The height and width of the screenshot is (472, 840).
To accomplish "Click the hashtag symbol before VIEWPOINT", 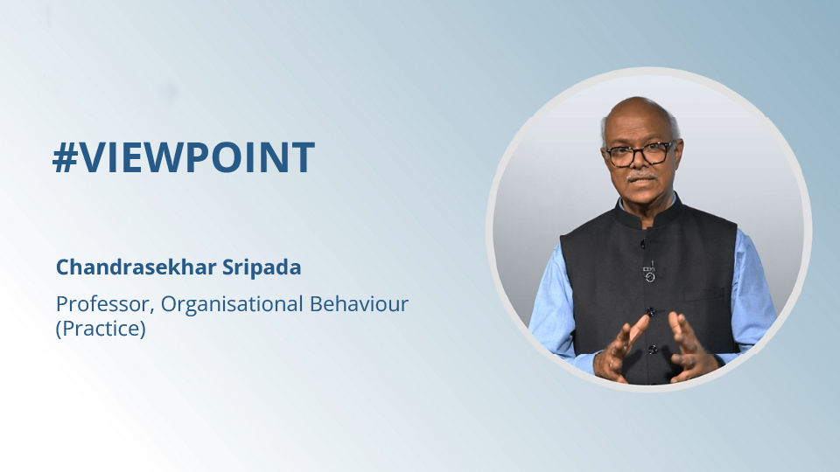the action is pos(66,158).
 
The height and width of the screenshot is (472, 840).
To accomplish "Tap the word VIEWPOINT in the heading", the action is pos(197,157).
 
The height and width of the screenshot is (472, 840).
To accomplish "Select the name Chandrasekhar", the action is pos(136,267).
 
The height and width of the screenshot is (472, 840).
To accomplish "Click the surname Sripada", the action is pos(262,267).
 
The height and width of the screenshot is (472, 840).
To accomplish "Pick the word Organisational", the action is pos(232,305).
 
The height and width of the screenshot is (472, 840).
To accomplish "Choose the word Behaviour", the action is pos(359,303).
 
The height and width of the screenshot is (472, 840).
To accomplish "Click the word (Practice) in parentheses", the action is pos(101,329).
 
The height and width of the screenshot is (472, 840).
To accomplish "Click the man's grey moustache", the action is pos(641,175).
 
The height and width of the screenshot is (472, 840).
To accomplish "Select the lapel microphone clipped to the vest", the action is pos(649,271).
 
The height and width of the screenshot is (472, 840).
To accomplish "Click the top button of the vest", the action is pos(643,244).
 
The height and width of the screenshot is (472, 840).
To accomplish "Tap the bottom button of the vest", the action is pos(652,350).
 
